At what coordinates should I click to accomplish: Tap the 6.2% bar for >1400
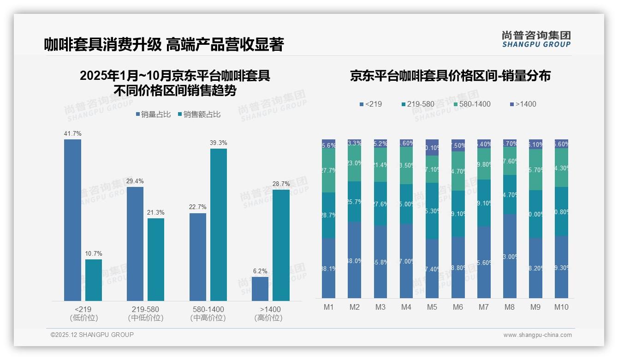260,289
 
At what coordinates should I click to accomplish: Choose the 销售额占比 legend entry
199,114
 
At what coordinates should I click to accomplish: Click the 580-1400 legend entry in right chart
471,104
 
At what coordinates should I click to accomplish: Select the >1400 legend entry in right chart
523,104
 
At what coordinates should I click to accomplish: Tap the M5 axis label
432,307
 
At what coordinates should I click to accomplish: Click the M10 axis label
561,307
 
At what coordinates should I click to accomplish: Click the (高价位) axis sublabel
268,318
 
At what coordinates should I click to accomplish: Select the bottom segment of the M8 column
510,256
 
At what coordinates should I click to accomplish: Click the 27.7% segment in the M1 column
329,170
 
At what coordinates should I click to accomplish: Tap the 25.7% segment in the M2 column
355,201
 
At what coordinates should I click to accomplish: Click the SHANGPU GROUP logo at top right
536,39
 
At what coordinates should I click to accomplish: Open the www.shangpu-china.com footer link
537,335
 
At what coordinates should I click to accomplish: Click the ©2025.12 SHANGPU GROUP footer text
92,335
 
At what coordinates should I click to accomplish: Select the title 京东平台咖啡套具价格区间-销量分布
450,76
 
